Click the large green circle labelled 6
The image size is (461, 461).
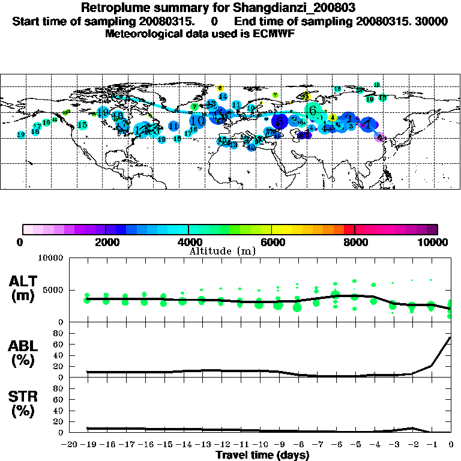312,110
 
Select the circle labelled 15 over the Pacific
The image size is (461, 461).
83,125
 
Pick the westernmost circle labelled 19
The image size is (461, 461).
21,134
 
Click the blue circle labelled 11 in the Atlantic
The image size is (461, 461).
173,126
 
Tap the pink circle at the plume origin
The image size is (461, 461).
379,137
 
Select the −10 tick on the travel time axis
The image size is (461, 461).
259,445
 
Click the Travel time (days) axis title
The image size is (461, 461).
262,455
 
